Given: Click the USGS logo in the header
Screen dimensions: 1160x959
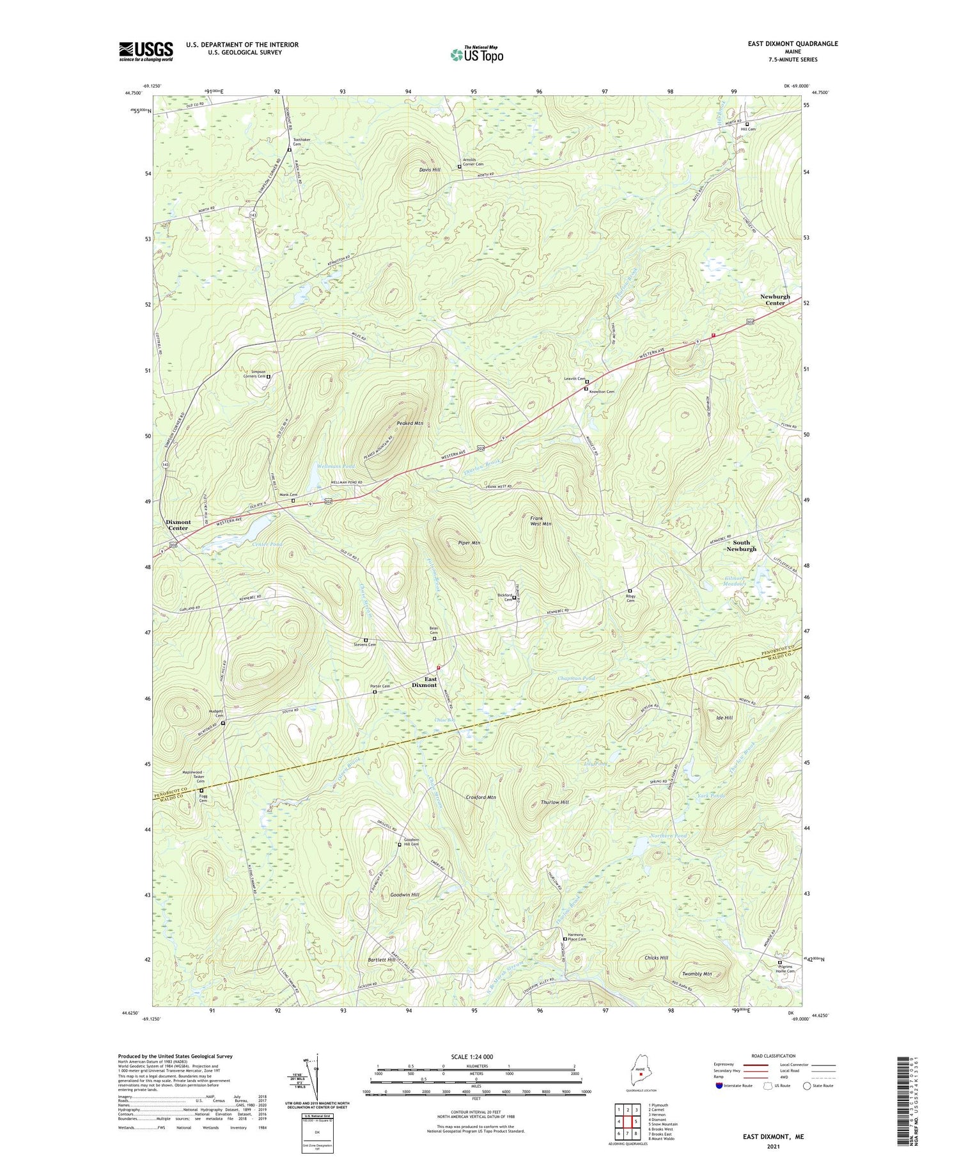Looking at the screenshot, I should pos(146,51).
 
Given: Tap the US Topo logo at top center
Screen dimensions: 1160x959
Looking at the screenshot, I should pos(476,54).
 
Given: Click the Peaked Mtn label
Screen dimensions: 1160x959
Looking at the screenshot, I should pos(410,424).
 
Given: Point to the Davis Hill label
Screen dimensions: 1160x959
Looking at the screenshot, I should pos(430,170).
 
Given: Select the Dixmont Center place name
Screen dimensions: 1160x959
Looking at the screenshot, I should pos(178,525).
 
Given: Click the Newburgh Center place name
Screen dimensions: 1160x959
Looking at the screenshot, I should pos(775,299).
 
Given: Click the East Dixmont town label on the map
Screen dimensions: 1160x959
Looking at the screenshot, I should pos(425,682).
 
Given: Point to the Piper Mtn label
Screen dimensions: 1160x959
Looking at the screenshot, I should pos(469,543).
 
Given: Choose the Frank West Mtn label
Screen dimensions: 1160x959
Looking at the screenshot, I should pos(540,520).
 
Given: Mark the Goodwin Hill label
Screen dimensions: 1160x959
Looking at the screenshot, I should pos(405,894).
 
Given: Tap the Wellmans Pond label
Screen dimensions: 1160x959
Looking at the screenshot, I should pos(336,466).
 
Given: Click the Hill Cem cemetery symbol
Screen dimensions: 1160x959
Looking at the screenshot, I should pos(747,124).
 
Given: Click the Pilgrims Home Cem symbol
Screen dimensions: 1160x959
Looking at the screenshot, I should pos(779,962).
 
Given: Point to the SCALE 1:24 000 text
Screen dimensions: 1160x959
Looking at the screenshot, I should pos(476,1056).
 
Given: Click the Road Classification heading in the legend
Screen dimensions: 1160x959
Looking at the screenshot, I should pos(774,1056).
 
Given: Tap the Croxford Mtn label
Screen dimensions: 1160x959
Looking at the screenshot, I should pos(481,797).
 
